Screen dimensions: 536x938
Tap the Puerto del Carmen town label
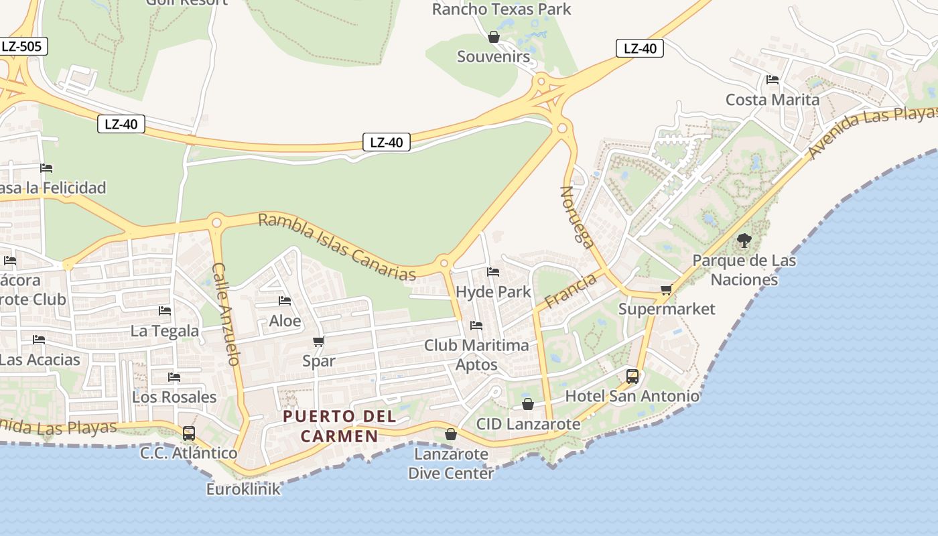tap(339, 426)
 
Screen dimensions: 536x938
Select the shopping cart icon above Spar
tap(319, 342)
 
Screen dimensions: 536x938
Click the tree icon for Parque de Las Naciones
tap(744, 241)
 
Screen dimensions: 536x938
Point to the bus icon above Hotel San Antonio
tap(632, 377)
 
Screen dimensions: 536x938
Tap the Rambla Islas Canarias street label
tap(337, 247)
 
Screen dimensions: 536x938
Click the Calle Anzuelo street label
tap(226, 314)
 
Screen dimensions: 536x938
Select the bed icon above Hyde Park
tap(493, 272)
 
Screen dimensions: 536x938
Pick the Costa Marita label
tap(773, 100)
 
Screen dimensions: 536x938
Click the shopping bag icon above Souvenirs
tap(494, 37)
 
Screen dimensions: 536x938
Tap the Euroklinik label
tap(243, 489)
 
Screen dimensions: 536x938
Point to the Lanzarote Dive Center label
tap(451, 464)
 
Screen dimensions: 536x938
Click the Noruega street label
tap(577, 217)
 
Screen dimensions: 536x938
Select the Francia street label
tap(570, 291)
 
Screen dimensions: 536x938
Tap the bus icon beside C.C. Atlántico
tap(189, 433)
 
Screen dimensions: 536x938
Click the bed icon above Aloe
tap(285, 301)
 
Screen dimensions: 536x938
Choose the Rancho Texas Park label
tap(501, 9)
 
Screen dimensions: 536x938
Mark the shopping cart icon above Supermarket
tap(666, 289)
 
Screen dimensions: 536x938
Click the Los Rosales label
tap(174, 397)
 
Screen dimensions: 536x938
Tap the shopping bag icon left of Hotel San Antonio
tap(528, 404)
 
